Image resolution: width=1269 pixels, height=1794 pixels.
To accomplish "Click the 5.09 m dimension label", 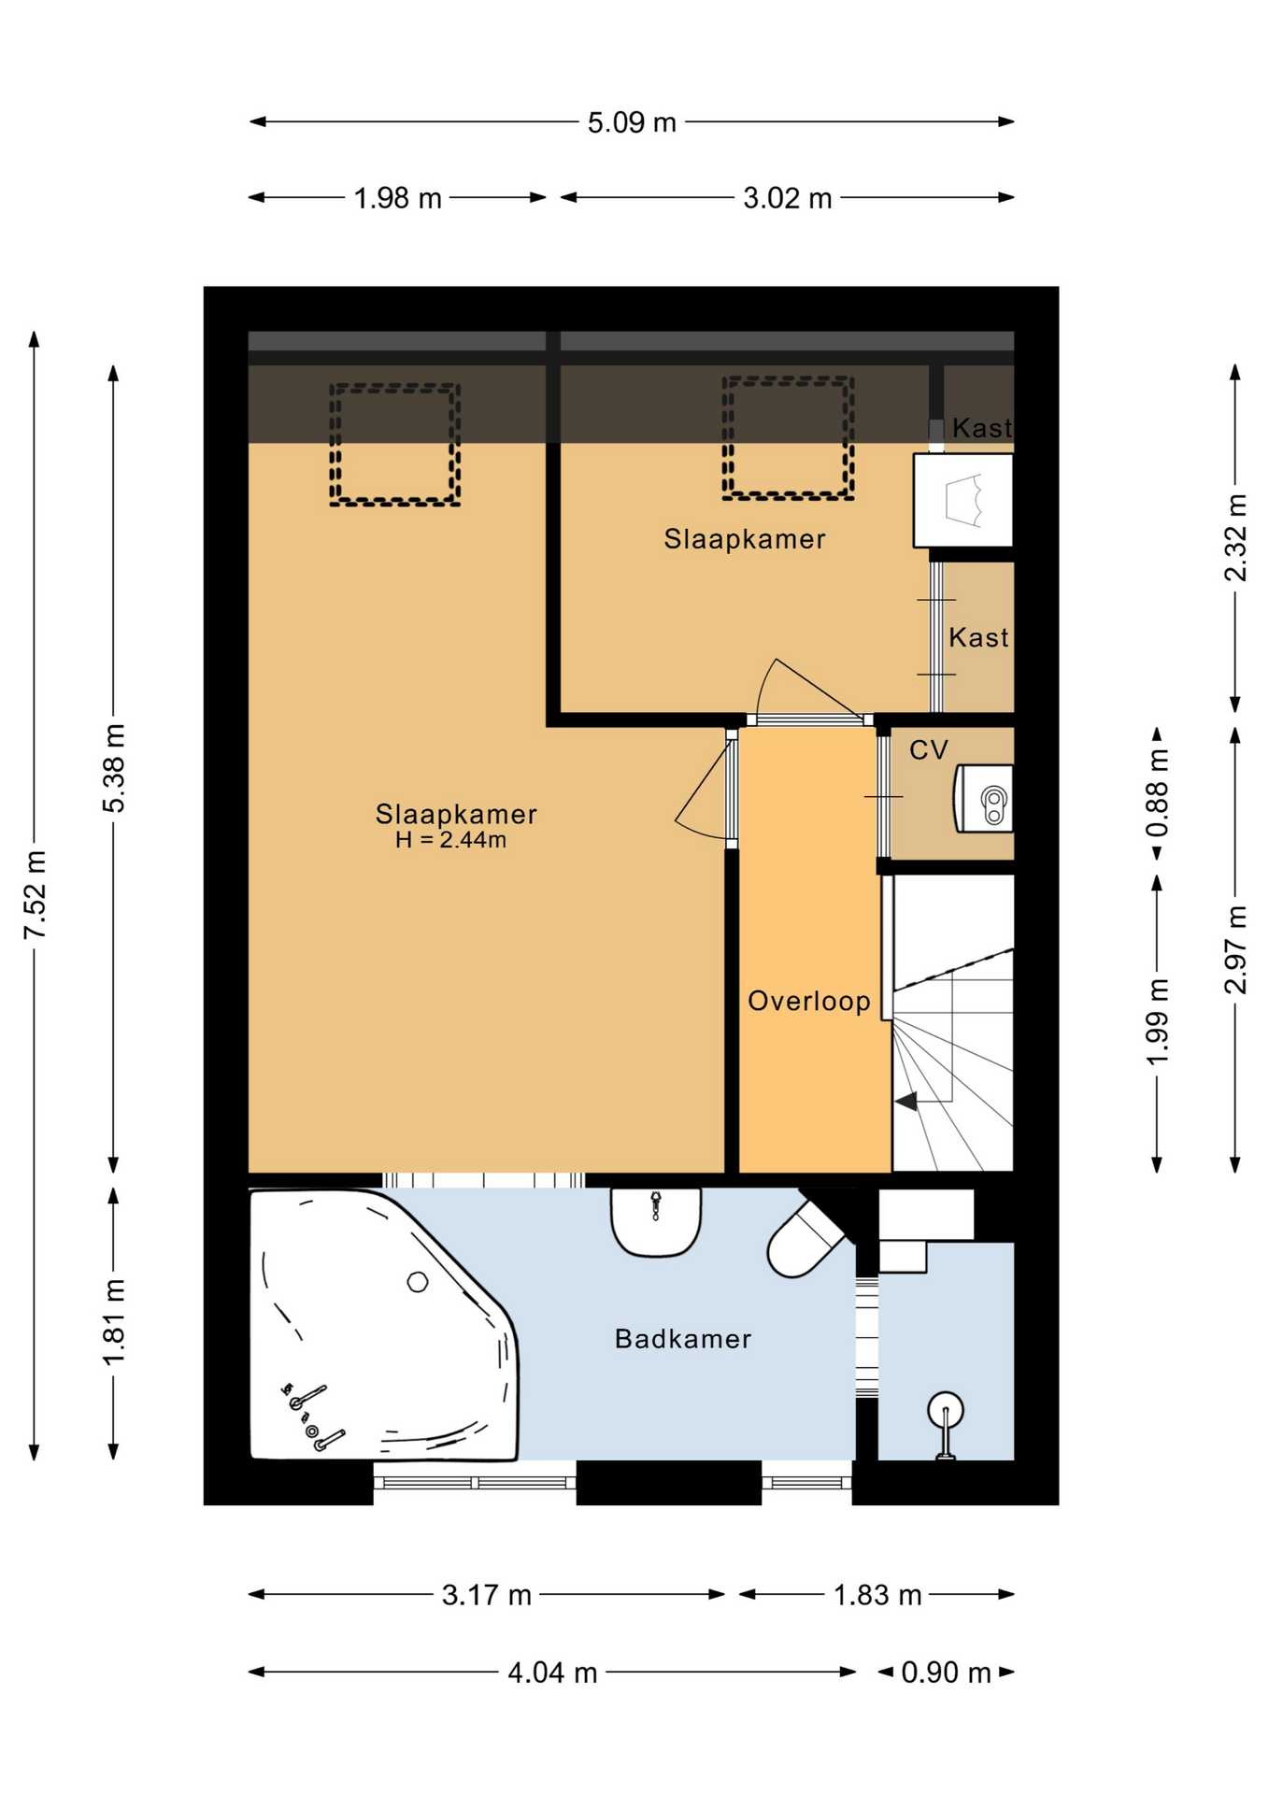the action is [x=632, y=122].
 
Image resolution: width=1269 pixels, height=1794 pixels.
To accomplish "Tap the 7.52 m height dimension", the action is [x=35, y=894].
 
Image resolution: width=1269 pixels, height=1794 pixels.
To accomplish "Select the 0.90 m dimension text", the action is [x=946, y=1672].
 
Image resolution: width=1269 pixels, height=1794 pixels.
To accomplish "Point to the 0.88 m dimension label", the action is [x=1157, y=793].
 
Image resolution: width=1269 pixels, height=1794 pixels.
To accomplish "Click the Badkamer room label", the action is [x=683, y=1339].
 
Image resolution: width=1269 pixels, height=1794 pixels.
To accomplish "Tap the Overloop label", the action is [x=809, y=1001].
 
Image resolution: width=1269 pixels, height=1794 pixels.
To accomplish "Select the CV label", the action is [x=929, y=749].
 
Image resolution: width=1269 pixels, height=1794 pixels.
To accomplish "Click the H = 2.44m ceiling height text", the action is [x=450, y=840].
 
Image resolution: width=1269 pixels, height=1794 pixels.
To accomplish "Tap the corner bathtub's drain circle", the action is [x=418, y=1282].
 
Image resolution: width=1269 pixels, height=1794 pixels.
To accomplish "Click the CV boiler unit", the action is [x=983, y=799].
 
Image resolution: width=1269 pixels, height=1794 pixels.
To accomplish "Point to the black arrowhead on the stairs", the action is [x=905, y=1102].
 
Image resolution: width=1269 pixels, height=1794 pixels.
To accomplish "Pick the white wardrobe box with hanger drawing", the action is [x=962, y=501].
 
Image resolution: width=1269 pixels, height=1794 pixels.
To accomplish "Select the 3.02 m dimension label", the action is [x=787, y=198].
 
